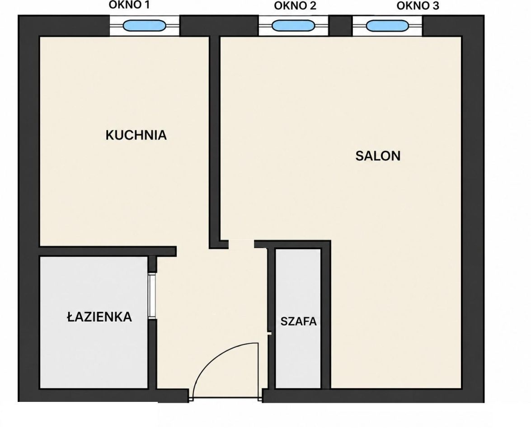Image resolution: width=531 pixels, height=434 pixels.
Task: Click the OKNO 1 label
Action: (x=129, y=5)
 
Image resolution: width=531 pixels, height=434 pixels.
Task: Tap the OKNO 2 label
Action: (x=295, y=6)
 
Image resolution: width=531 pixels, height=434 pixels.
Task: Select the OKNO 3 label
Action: (x=418, y=6)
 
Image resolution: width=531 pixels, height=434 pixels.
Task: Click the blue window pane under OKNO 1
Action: (x=144, y=26)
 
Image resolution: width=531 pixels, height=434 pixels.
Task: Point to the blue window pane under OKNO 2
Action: (x=293, y=26)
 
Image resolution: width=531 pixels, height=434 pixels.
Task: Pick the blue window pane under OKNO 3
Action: (x=387, y=26)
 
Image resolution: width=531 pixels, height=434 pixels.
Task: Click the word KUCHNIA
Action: (x=136, y=135)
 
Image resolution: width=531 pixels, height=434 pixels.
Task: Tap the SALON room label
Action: (x=378, y=156)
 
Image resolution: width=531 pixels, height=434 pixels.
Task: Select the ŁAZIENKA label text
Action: (x=99, y=317)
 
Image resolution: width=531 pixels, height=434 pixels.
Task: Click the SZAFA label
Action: (x=298, y=321)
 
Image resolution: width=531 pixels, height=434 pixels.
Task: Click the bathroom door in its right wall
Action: (x=152, y=296)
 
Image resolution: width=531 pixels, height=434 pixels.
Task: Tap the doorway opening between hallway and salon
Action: (x=241, y=244)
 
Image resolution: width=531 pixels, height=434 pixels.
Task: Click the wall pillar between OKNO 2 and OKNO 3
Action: (x=340, y=26)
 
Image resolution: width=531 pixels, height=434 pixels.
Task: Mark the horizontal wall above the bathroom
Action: (x=108, y=251)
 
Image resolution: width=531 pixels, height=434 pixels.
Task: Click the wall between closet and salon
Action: (x=325, y=315)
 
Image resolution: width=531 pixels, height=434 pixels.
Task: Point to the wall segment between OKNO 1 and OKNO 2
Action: (x=219, y=26)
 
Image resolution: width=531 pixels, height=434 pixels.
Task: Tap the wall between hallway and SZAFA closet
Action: (x=271, y=318)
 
